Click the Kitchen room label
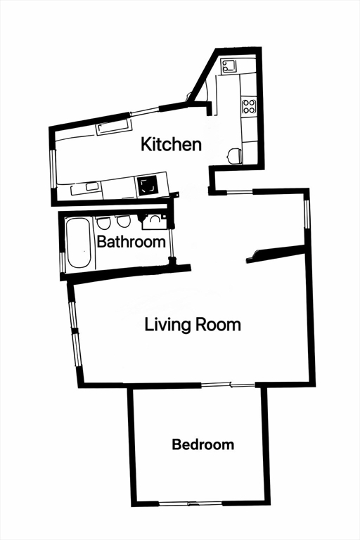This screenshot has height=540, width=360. pyautogui.click(x=172, y=145)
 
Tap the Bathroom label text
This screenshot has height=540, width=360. pyautogui.click(x=131, y=243)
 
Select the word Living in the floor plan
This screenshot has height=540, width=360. pyautogui.click(x=165, y=325)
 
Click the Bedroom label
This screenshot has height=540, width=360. pyautogui.click(x=202, y=445)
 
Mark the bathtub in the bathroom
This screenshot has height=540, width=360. pyautogui.click(x=78, y=243)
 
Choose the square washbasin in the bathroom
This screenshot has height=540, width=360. pyautogui.click(x=153, y=223)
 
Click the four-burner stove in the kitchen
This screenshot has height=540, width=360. pyautogui.click(x=249, y=106)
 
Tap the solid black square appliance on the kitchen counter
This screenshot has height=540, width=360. pyautogui.click(x=147, y=186)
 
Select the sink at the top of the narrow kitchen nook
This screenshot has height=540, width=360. pyautogui.click(x=229, y=67)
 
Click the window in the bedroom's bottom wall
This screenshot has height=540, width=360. pyautogui.click(x=188, y=503)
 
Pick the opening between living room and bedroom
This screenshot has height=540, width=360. pyautogui.click(x=228, y=385)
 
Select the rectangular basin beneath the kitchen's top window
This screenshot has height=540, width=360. pyautogui.click(x=113, y=127)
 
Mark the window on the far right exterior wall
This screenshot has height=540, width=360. pyautogui.click(x=307, y=214)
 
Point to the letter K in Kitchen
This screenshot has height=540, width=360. pyautogui.click(x=146, y=145)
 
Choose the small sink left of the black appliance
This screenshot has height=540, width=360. pyautogui.click(x=92, y=186)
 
